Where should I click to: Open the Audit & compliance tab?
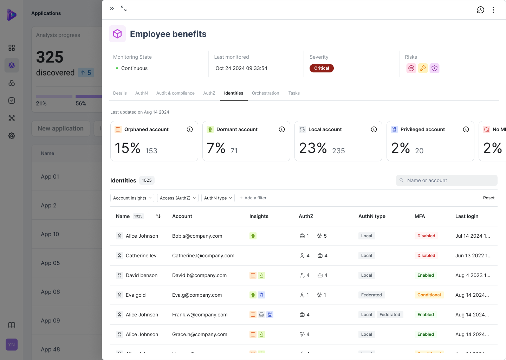(175, 93)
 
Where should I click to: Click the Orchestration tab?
(265, 93)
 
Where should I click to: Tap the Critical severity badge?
(322, 68)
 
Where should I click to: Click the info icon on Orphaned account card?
(190, 129)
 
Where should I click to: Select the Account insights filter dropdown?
(132, 198)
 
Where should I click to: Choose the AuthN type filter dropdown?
(218, 198)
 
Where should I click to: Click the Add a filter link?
(253, 198)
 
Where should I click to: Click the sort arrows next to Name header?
(158, 216)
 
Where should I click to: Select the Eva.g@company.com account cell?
(197, 295)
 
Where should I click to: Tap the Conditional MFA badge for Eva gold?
(429, 295)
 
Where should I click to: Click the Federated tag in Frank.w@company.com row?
(390, 315)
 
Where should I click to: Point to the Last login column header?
(467, 216)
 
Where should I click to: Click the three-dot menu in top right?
(493, 10)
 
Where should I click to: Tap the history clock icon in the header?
(480, 10)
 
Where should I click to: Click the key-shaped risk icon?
(423, 68)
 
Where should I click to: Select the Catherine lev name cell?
(141, 256)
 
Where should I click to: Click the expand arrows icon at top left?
(124, 8)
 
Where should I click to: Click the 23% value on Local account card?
(313, 148)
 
